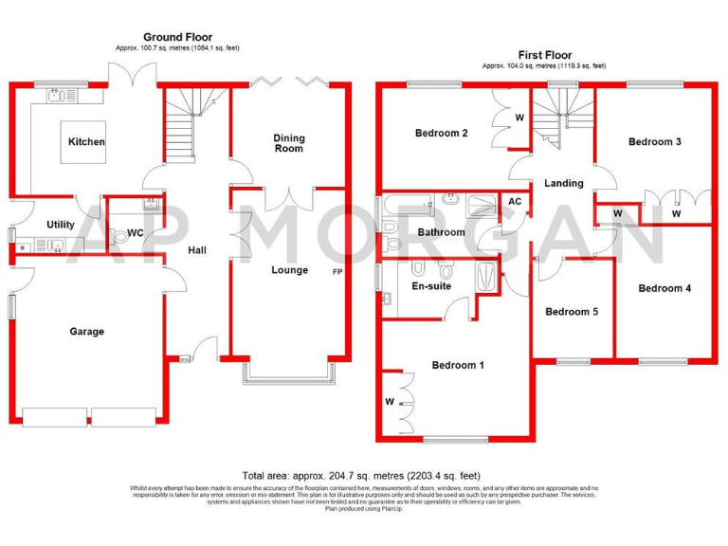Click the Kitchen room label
click(x=86, y=142)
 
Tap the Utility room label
click(x=61, y=225)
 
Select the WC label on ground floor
click(x=135, y=232)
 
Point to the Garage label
click(x=86, y=332)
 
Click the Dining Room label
click(x=289, y=143)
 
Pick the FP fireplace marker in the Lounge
click(x=337, y=273)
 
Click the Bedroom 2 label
click(x=442, y=134)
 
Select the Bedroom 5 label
click(x=572, y=312)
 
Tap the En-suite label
click(x=431, y=285)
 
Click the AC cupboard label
click(x=515, y=202)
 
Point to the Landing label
click(x=563, y=183)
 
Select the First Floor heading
click(x=544, y=56)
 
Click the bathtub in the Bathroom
click(x=408, y=202)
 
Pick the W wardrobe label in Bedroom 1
click(x=390, y=402)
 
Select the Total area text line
click(x=363, y=475)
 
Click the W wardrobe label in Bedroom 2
click(x=519, y=118)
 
